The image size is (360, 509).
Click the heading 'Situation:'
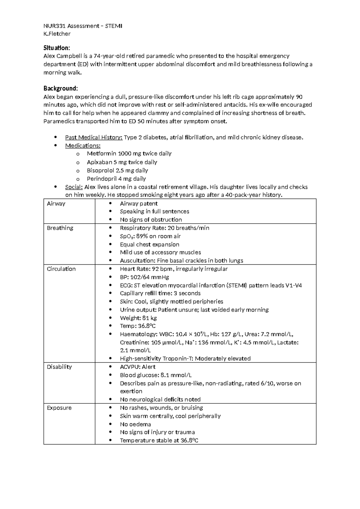click(57, 48)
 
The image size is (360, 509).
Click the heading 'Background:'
click(61, 88)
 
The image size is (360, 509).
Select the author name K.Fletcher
click(57, 34)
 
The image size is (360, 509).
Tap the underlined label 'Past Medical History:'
click(94, 137)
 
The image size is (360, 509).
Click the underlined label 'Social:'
click(74, 187)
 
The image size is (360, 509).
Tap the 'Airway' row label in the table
click(56, 203)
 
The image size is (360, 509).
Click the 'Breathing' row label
click(60, 228)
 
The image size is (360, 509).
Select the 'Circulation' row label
click(61, 269)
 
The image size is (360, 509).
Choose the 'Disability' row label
click(59, 367)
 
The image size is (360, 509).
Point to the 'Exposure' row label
click(59, 408)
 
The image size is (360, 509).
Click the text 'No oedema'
click(135, 424)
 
